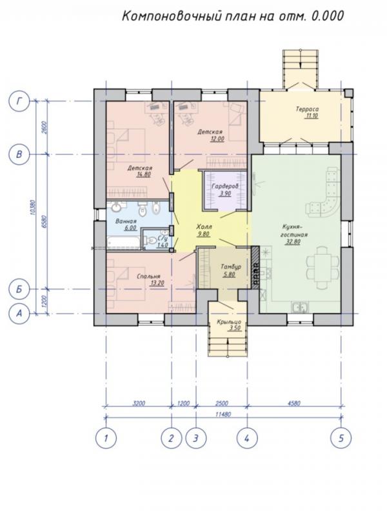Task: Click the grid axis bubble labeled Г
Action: [19, 101]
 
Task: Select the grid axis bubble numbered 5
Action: [341, 439]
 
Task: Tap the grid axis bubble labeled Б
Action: [19, 289]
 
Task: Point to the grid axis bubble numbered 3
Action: [196, 439]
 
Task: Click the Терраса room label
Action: [307, 109]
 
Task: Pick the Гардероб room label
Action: [225, 186]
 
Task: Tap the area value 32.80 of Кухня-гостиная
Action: [293, 242]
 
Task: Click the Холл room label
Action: [204, 227]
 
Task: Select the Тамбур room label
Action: [231, 266]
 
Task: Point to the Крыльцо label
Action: [229, 322]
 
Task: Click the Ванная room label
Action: [126, 221]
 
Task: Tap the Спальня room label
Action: [148, 277]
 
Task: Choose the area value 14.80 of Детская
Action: [143, 174]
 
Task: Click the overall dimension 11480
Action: [223, 414]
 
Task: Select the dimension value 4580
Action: [293, 403]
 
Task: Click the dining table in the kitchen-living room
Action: [322, 267]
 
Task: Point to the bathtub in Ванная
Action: [123, 243]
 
